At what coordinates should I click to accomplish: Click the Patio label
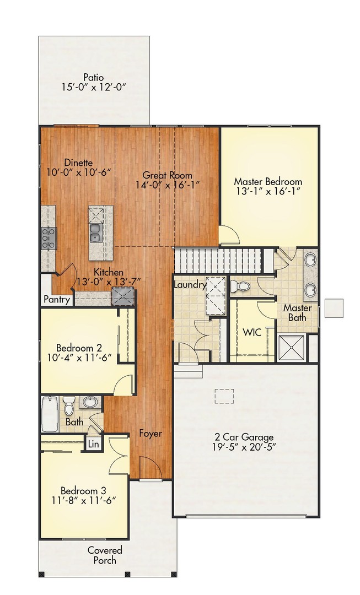tap(94, 77)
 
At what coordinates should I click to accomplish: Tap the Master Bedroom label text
tap(268, 181)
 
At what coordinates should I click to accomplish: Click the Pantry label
tap(57, 300)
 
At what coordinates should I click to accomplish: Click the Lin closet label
tap(93, 443)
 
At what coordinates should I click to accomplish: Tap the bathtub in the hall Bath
tap(50, 414)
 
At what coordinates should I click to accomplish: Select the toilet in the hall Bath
tap(69, 406)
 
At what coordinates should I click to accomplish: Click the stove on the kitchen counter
tap(48, 238)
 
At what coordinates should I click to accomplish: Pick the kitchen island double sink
tap(95, 233)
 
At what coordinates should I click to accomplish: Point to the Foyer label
tap(150, 434)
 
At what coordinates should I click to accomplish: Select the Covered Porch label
tap(105, 555)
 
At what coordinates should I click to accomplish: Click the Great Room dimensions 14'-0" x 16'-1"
tap(166, 185)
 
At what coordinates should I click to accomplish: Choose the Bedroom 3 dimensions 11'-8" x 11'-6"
tap(88, 501)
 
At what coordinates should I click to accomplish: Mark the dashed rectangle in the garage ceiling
tap(224, 396)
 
